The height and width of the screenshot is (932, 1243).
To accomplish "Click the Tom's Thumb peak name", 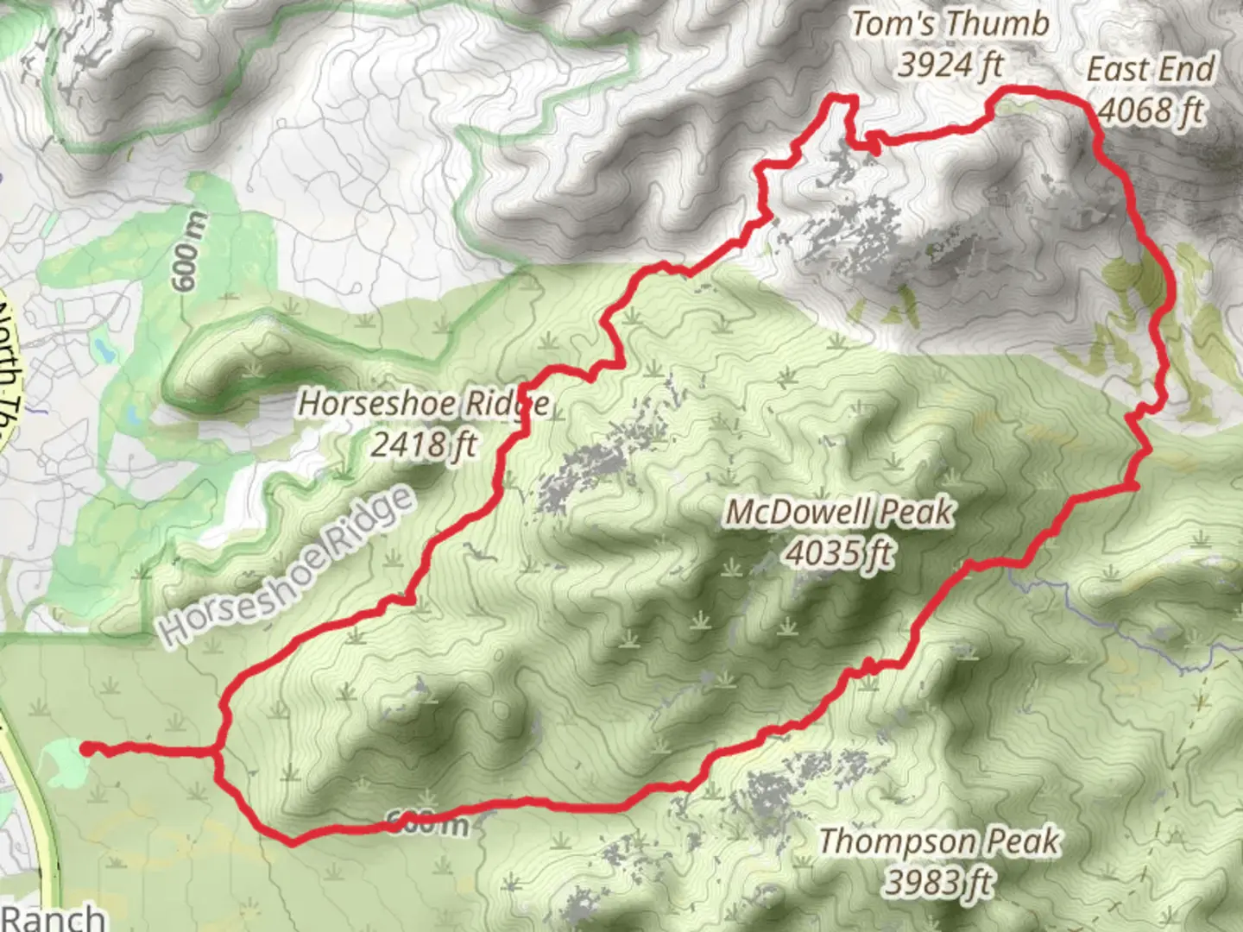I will (x=950, y=23).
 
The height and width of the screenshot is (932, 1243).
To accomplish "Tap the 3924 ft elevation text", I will (x=950, y=63).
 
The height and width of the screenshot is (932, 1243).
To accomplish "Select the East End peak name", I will (x=1150, y=69).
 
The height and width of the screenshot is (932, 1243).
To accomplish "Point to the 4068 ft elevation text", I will (x=1150, y=110).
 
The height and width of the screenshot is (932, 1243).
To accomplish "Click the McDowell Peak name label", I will (x=839, y=512).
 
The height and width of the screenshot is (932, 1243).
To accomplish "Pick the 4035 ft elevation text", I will (x=839, y=552).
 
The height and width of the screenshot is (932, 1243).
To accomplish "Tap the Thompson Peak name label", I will (x=939, y=841).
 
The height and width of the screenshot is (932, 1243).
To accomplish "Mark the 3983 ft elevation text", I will (x=939, y=881).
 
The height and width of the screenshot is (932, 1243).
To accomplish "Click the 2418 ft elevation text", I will (x=424, y=444).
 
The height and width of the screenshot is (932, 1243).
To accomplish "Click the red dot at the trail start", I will (x=87, y=748).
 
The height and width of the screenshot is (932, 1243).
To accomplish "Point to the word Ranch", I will (x=54, y=917).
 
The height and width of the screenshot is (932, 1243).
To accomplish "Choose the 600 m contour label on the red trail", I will (x=427, y=822).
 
